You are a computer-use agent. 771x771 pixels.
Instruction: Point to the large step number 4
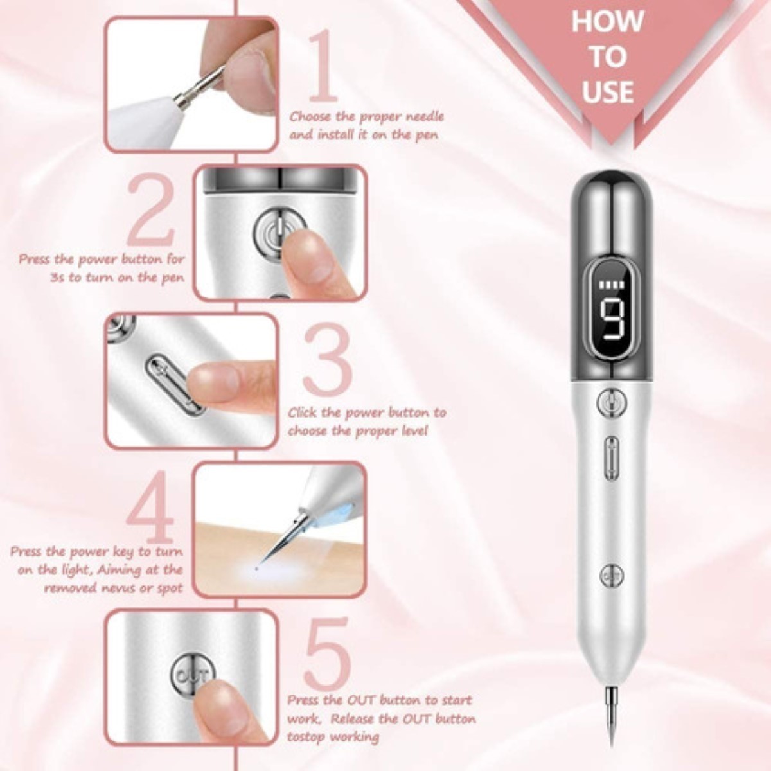click(x=151, y=508)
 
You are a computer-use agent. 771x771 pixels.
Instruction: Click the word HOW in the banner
click(x=607, y=21)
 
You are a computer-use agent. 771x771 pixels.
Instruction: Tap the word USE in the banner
click(x=607, y=91)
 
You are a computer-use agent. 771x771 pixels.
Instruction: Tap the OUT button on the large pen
click(x=611, y=576)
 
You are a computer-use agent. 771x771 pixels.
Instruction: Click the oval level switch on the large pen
click(x=611, y=457)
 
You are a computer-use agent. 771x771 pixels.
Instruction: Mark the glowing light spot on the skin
click(x=256, y=568)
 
